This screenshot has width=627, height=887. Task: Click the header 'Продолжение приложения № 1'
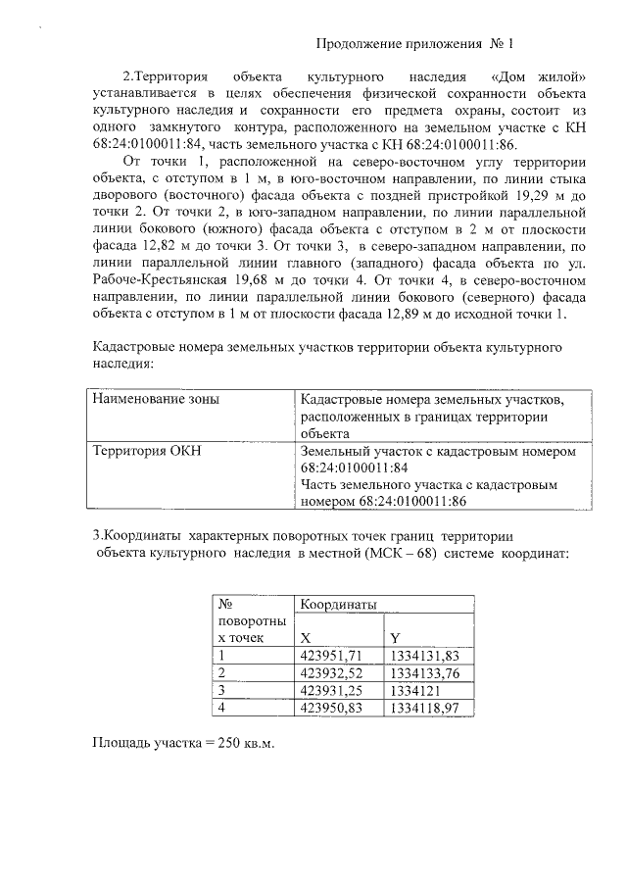click(415, 44)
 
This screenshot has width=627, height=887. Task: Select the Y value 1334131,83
click(424, 655)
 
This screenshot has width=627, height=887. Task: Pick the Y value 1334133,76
click(424, 672)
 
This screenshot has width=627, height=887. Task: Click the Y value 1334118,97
click(424, 707)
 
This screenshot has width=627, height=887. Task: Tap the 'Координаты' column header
click(338, 605)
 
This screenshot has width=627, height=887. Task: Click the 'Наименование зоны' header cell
click(155, 400)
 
